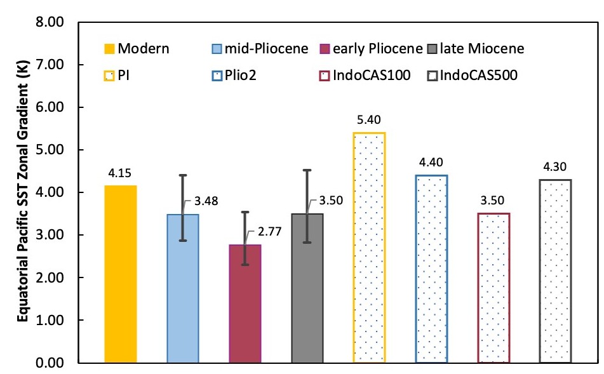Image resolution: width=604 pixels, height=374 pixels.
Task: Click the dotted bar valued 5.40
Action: pyautogui.click(x=369, y=248)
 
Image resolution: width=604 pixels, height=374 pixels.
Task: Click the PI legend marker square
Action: pyautogui.click(x=109, y=76)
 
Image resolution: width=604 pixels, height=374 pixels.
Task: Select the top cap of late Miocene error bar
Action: pyautogui.click(x=307, y=170)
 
